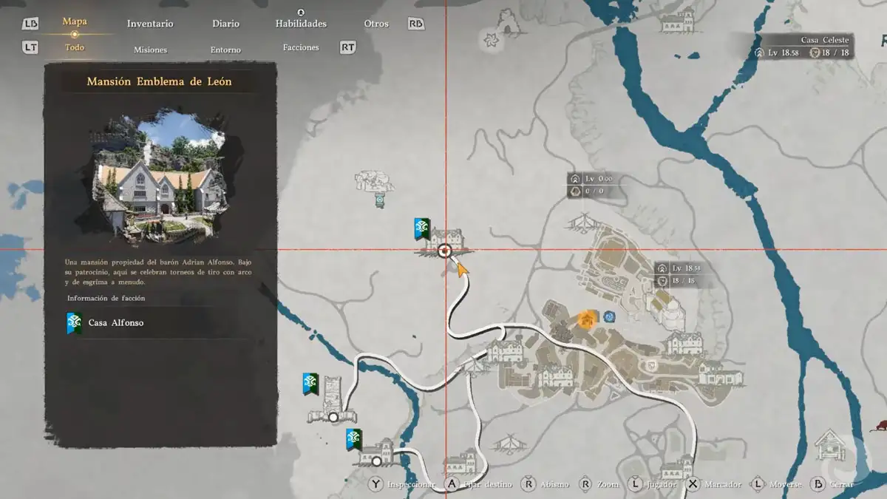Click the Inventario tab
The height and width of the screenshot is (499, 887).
[x=150, y=24]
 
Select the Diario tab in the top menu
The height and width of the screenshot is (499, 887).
[x=225, y=24]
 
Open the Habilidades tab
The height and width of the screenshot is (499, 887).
[x=301, y=24]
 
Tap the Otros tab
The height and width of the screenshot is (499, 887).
[x=376, y=24]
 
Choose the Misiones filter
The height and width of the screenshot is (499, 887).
[x=150, y=50]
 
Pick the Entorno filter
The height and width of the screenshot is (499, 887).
[x=225, y=50]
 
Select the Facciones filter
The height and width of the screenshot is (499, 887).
[x=301, y=47]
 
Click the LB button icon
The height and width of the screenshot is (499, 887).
[x=30, y=24]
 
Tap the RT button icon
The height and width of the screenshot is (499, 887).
[x=347, y=47]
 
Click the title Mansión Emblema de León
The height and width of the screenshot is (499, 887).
[x=159, y=81]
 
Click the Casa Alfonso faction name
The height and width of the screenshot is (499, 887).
[x=116, y=323]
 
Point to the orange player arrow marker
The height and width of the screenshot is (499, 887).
[x=463, y=269]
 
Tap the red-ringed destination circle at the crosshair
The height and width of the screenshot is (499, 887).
[x=445, y=251]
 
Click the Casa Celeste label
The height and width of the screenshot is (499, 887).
[x=825, y=40]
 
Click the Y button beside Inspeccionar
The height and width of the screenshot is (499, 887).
[x=376, y=484]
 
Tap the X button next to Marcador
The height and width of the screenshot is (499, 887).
[x=693, y=484]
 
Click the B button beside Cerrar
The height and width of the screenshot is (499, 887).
[x=818, y=484]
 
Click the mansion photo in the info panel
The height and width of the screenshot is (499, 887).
[x=160, y=177]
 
